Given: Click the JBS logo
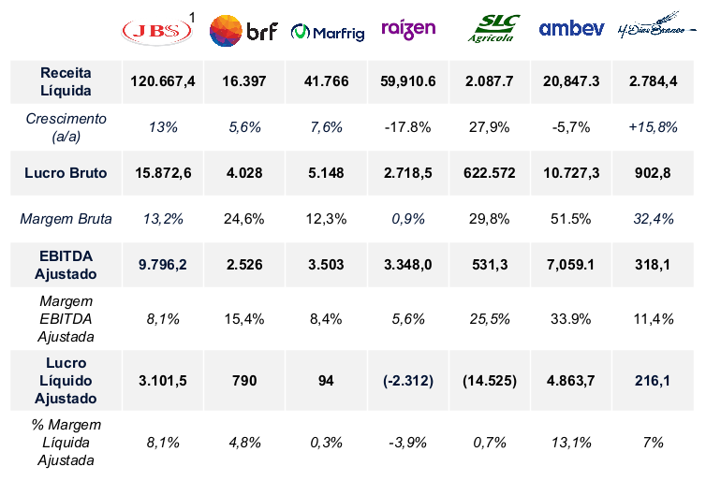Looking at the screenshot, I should [156, 31].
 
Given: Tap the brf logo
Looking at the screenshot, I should [243, 32].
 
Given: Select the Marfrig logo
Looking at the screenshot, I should [326, 32].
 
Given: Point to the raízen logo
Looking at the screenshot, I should [408, 29].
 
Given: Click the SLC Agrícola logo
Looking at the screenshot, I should [491, 29].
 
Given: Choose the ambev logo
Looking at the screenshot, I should [571, 29].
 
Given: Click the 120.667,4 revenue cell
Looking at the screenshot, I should [163, 81].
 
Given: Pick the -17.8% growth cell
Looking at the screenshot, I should [408, 127].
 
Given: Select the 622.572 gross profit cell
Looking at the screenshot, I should [490, 173].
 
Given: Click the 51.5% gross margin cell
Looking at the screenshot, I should [572, 219].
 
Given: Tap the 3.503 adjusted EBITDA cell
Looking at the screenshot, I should [327, 265].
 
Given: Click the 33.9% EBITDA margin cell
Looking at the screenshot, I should [572, 319].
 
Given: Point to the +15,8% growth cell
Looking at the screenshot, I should [654, 127].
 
